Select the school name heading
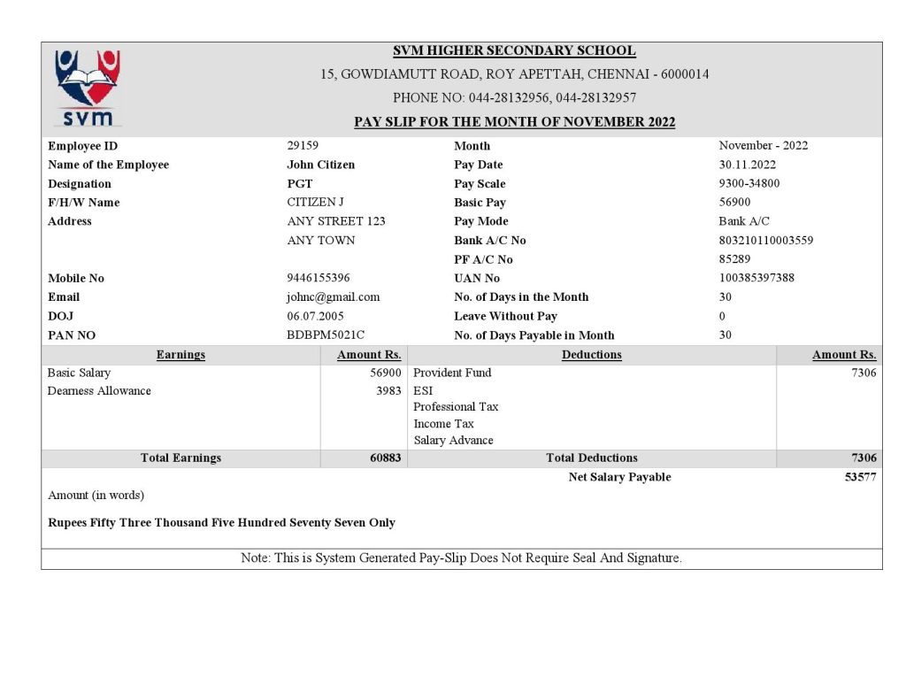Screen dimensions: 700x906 [x=514, y=51]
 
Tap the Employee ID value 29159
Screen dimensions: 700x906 [x=303, y=145]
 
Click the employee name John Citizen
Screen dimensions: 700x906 [x=320, y=165]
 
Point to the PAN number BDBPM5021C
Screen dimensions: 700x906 [x=326, y=335]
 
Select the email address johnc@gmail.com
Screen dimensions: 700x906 [x=333, y=297]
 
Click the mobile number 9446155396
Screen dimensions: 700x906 [x=318, y=278]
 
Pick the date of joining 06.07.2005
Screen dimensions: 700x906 [x=315, y=316]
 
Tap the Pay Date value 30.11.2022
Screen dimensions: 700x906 [x=747, y=165]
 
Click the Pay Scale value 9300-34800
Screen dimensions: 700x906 [x=749, y=183]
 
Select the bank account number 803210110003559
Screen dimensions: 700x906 [x=765, y=240]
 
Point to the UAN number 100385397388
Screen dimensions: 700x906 [x=756, y=278]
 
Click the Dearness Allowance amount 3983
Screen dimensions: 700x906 [x=388, y=390]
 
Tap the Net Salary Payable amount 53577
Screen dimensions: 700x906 [x=860, y=477]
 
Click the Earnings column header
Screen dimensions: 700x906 [x=180, y=355]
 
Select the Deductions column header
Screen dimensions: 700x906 [x=591, y=355]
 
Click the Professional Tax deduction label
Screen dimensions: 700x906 [x=456, y=407]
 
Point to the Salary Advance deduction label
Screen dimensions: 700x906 [x=453, y=441]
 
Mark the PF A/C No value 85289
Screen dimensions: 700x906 [x=734, y=259]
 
